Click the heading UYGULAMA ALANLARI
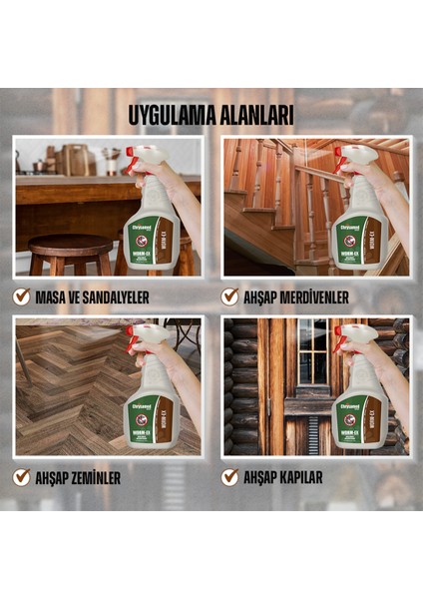211,114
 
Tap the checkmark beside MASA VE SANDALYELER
21,297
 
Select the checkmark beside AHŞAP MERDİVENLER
230,297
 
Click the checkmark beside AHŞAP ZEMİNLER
21,477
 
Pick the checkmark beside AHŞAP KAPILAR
230,477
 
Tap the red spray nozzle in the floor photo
133,332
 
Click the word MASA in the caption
53,297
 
